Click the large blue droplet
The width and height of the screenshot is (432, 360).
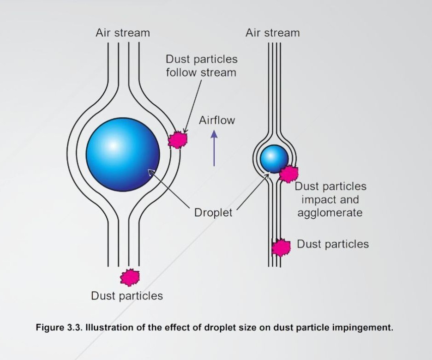123,155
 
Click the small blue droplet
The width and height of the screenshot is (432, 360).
274,159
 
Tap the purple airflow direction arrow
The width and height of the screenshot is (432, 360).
214,148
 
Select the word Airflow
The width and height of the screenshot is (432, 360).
217,120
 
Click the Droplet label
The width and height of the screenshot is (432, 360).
213,213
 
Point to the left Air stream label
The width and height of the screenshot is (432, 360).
123,33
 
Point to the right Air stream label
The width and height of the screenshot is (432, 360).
272,33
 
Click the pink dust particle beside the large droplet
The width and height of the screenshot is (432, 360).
178,140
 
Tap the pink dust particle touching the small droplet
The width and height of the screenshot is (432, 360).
288,174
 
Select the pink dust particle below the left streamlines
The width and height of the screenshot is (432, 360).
130,277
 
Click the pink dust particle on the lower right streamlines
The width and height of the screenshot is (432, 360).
281,247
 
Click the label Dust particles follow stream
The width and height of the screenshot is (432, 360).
201,66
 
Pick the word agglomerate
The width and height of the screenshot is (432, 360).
330,213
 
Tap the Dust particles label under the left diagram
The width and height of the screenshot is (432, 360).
127,296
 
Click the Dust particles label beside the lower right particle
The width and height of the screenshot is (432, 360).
333,244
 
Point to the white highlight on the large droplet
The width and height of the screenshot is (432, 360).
113,145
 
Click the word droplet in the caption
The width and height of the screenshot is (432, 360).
219,328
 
